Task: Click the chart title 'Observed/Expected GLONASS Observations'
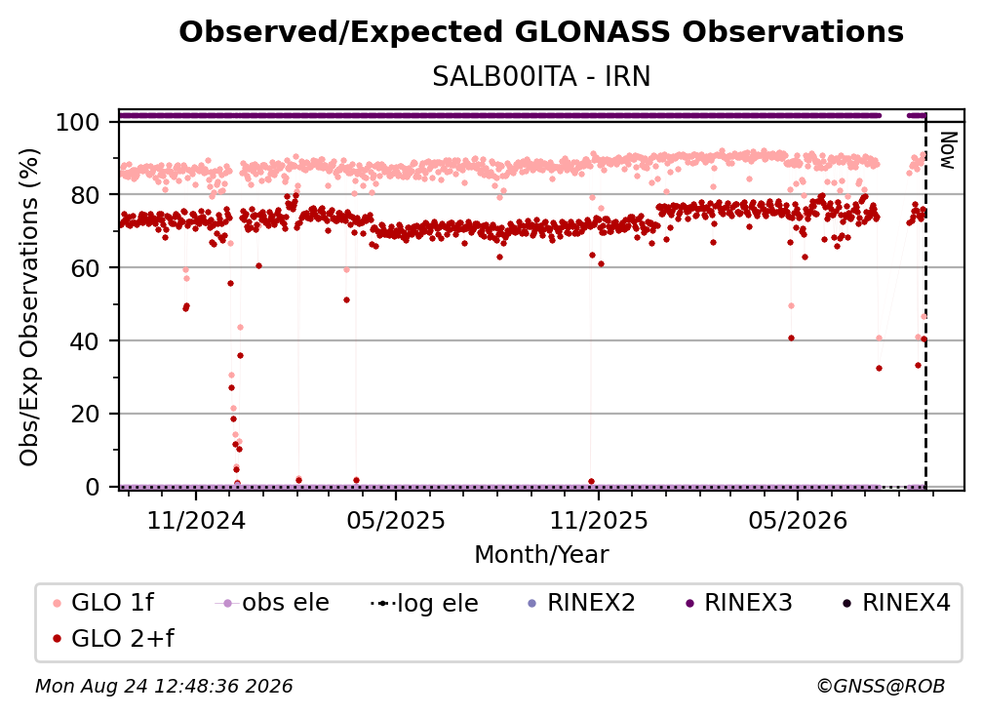coord(541,32)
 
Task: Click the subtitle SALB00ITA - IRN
coord(541,77)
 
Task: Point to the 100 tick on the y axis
coord(77,122)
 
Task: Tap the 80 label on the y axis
coord(85,195)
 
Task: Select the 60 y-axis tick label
coord(85,267)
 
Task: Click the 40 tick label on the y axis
coord(85,341)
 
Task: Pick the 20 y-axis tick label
coord(85,414)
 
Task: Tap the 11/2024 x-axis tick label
coord(196,520)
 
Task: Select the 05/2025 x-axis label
coord(396,520)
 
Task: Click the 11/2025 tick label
coord(599,520)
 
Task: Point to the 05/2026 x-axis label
coord(798,520)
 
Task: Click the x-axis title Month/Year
coord(541,554)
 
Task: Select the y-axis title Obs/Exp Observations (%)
coord(29,307)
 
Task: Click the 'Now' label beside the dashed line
coord(947,150)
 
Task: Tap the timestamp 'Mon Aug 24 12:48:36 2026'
coord(164,686)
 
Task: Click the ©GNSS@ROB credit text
coord(881,686)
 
